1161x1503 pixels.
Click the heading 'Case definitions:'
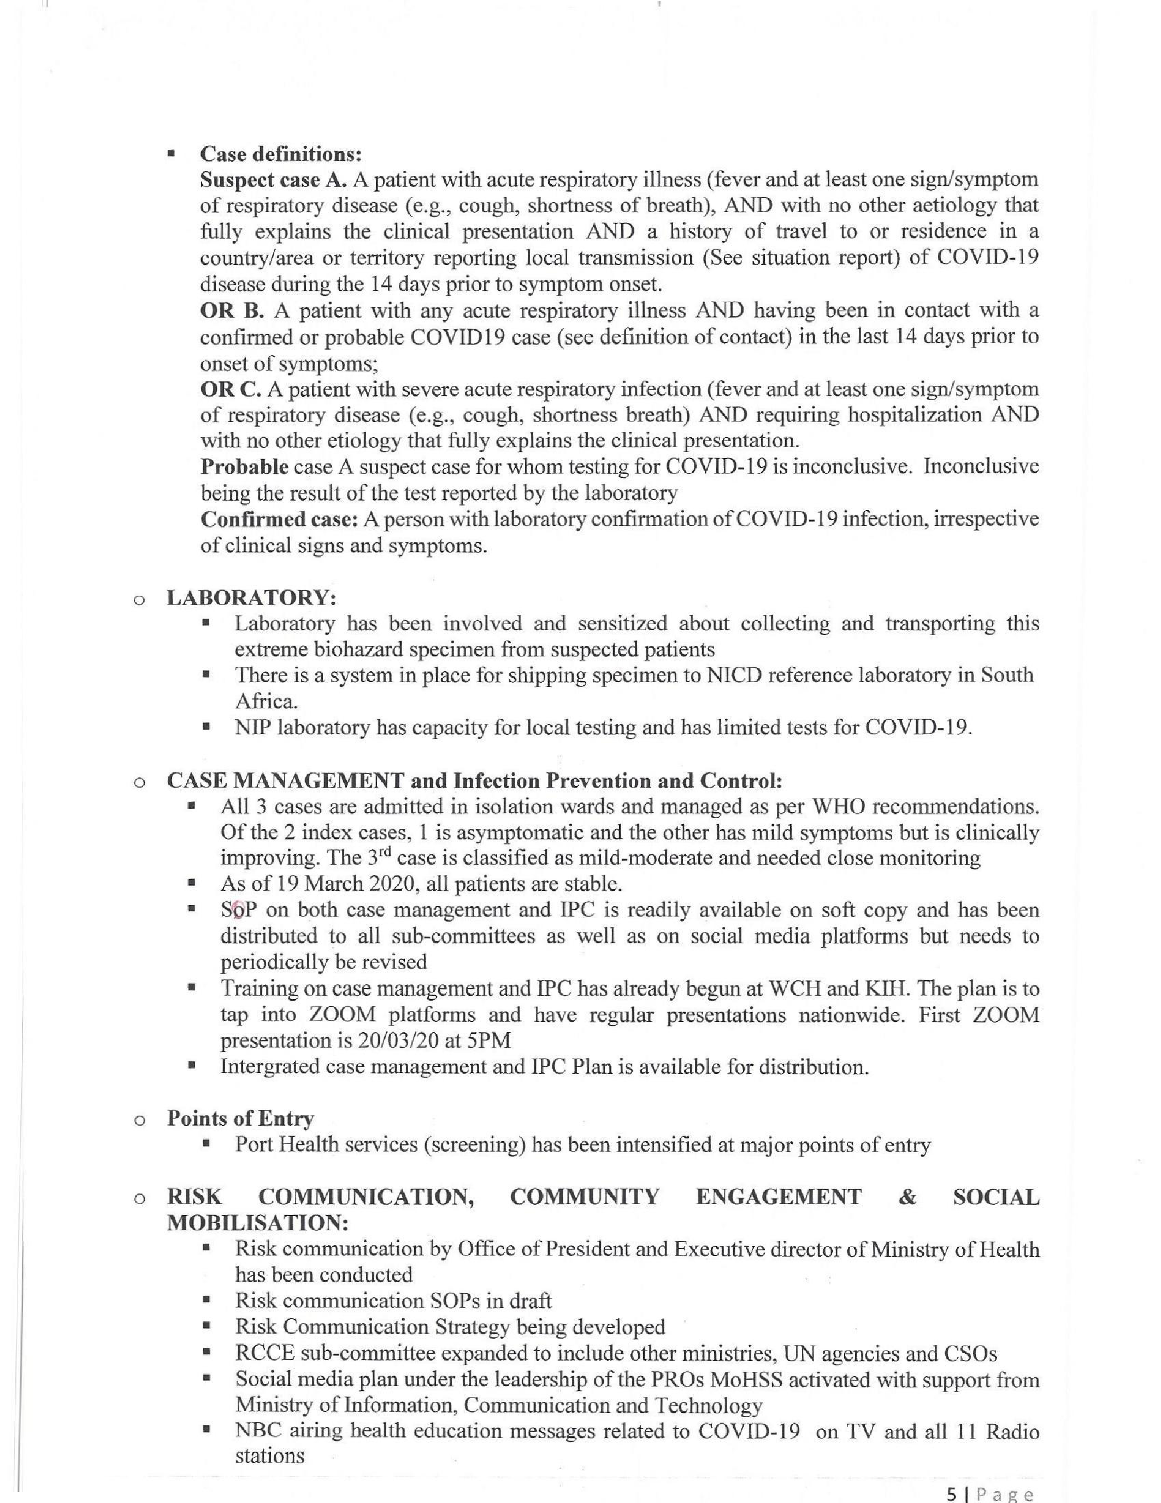click(x=281, y=154)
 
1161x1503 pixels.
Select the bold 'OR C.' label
click(x=231, y=390)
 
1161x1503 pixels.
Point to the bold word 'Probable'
click(x=244, y=467)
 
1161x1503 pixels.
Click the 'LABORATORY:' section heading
click(x=251, y=597)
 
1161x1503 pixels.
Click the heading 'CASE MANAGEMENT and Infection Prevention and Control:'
click(x=475, y=781)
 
